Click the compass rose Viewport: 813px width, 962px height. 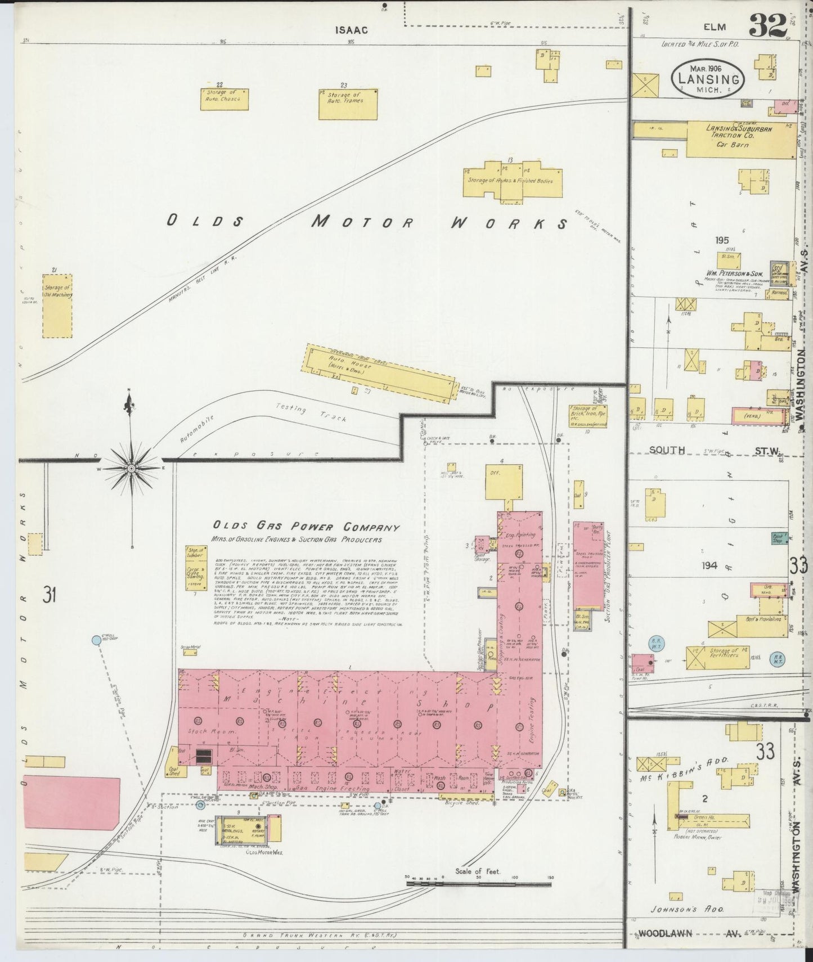coord(131,467)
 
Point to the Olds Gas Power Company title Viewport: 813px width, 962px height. coord(306,527)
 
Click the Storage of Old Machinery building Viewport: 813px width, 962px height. coord(57,307)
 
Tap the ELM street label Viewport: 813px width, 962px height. coord(714,27)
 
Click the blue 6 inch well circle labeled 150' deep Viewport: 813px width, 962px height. coord(96,639)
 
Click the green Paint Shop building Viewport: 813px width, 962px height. coord(780,538)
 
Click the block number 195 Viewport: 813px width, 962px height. coord(722,240)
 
